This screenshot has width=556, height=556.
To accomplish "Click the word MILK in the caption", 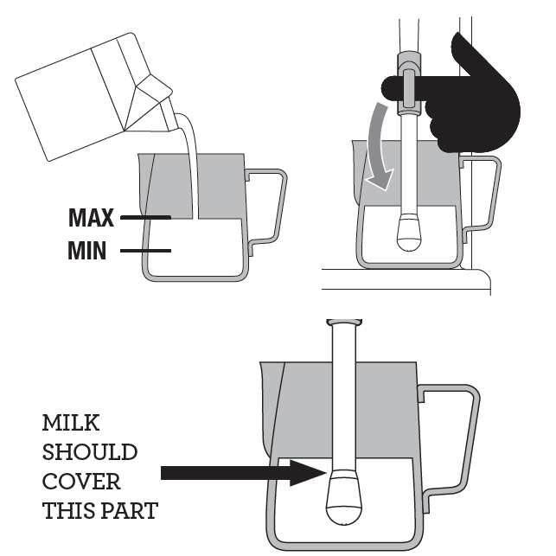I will tap(70, 424).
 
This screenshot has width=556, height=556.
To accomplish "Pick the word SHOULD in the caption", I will tap(89, 452).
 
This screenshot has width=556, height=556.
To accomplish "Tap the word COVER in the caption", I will tap(81, 482).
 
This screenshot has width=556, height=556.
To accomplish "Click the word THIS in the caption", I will tap(65, 511).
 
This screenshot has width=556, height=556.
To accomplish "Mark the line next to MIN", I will tap(147, 252).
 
